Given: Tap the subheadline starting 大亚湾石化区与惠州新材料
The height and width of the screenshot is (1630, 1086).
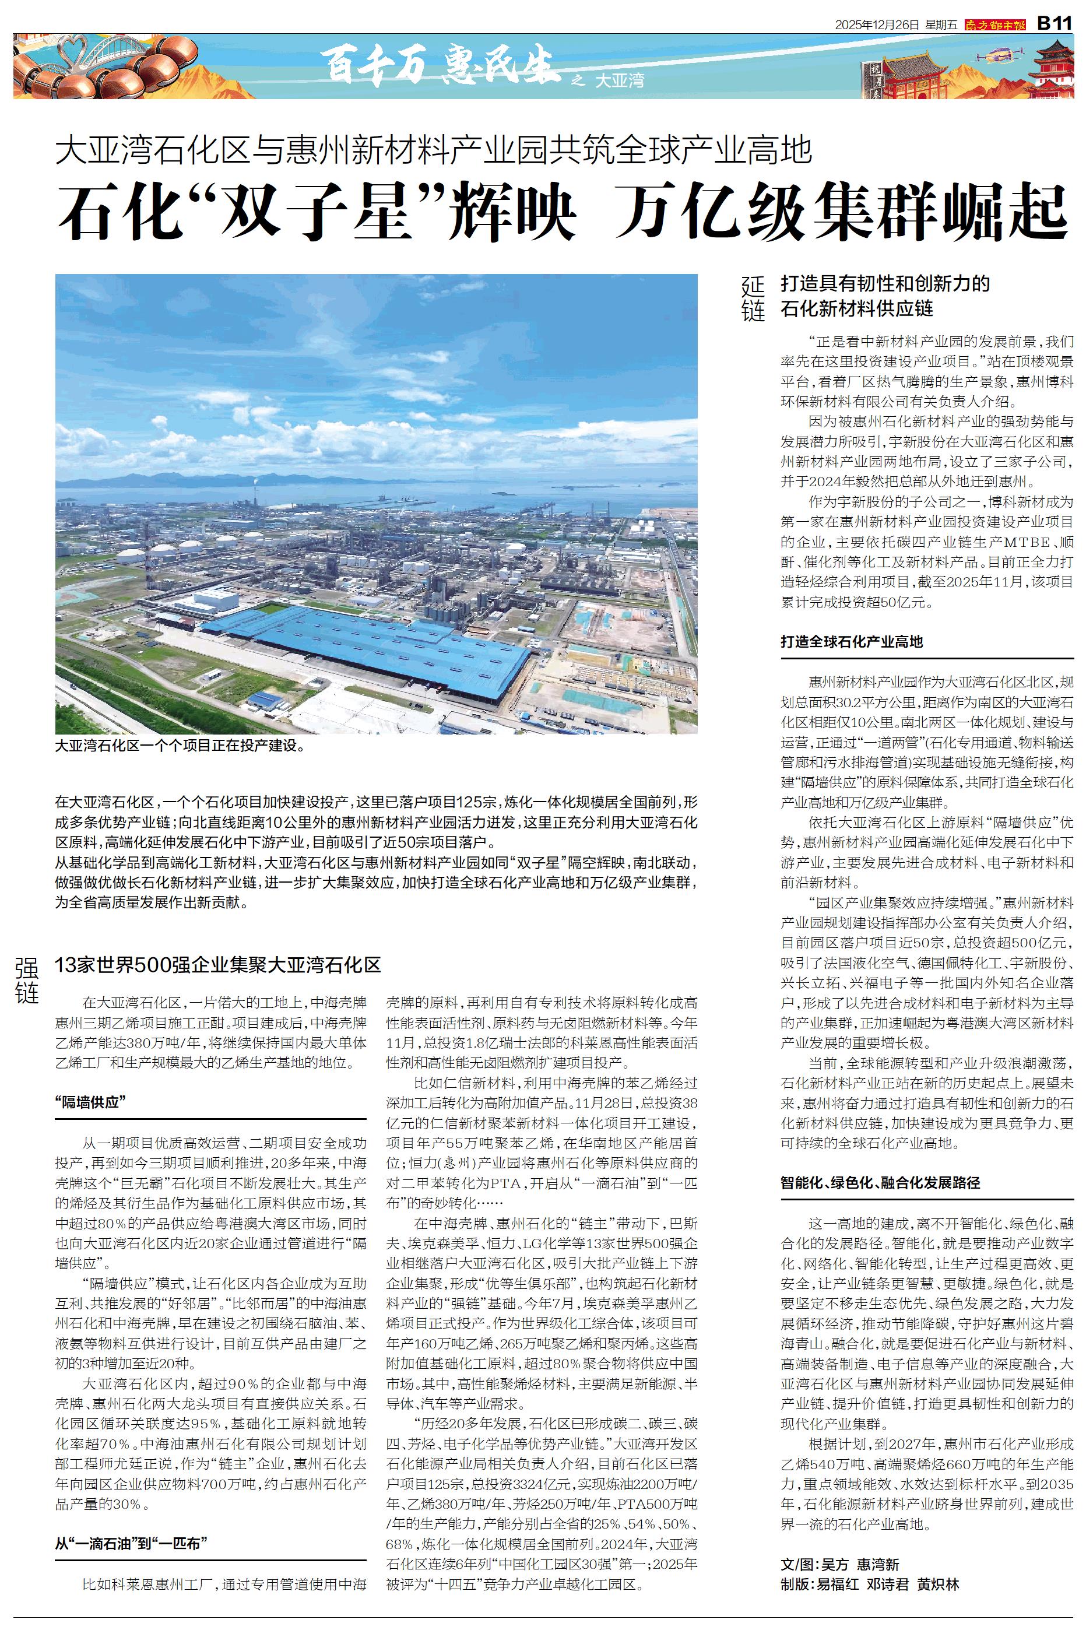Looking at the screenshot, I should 433,150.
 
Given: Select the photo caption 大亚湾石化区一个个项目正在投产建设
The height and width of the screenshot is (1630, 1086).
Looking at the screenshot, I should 180,747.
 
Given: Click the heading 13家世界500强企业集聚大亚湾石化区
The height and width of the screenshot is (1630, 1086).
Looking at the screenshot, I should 218,965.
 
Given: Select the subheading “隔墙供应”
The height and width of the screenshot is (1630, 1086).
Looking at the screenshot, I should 89,1102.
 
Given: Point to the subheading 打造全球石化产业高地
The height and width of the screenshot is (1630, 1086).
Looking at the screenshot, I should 851,641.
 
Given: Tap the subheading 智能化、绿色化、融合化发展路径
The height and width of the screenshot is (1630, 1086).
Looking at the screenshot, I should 880,1182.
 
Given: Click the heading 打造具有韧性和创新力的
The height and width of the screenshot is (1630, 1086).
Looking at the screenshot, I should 885,283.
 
